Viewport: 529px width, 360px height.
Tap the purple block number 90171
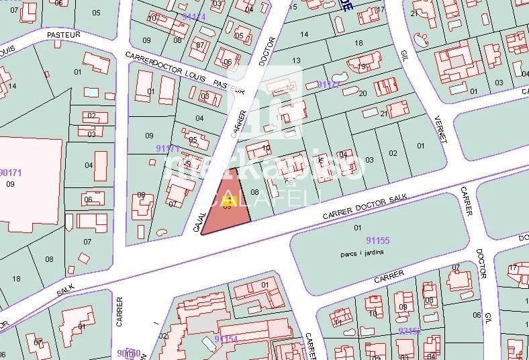[11, 173]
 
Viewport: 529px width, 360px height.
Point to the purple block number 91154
[227, 339]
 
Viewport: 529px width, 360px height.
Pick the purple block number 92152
[409, 330]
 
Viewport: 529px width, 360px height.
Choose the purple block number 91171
[167, 148]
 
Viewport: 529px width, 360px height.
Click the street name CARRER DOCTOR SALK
[366, 206]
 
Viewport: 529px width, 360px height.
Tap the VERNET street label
[441, 138]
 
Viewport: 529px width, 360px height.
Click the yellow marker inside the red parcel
[227, 201]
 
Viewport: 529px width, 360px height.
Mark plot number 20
[363, 93]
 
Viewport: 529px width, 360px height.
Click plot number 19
[361, 67]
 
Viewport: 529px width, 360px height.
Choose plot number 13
[295, 60]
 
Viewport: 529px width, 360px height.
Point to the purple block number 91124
[193, 16]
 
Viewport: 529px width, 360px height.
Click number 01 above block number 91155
[357, 227]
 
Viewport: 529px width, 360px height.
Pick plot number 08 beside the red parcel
[254, 192]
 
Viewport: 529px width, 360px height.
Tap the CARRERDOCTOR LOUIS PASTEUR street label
[180, 68]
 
